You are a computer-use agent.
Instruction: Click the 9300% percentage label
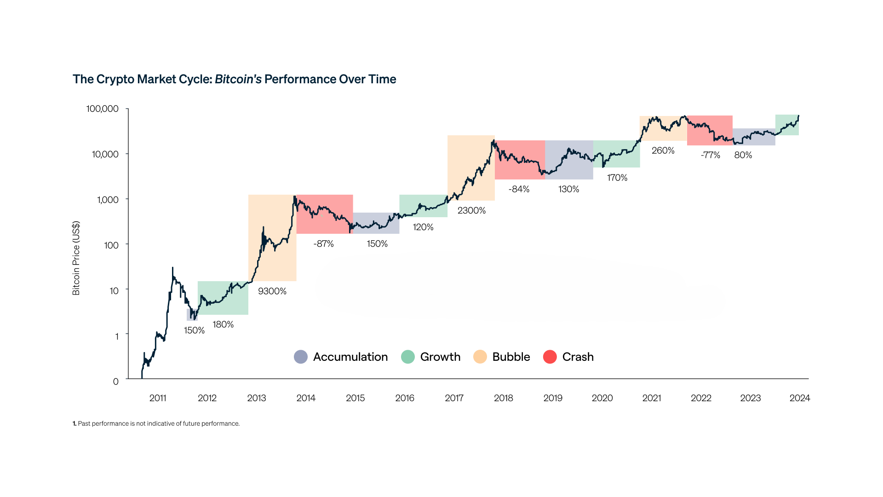[272, 291]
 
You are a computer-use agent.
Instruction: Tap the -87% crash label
[323, 244]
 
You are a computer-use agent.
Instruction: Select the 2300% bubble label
[471, 210]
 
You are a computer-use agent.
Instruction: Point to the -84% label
[519, 189]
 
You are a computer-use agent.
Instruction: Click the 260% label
[663, 150]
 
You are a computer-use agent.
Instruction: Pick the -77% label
[710, 155]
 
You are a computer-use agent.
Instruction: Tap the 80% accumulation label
[743, 155]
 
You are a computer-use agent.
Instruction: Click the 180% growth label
[223, 324]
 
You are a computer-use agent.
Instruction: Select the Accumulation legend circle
[301, 357]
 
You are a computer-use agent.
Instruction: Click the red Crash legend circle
[550, 357]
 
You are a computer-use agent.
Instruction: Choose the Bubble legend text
[511, 357]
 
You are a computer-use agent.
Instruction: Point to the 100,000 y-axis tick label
[102, 109]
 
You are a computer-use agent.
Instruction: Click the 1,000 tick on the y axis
[108, 200]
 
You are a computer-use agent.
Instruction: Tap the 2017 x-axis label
[454, 398]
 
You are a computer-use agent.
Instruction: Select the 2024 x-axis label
[799, 398]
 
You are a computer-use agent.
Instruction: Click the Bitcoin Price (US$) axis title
[76, 258]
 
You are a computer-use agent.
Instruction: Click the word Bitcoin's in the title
[238, 79]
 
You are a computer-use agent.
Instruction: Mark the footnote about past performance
[156, 423]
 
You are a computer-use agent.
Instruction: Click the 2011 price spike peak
[172, 268]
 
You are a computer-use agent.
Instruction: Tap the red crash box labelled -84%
[520, 160]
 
